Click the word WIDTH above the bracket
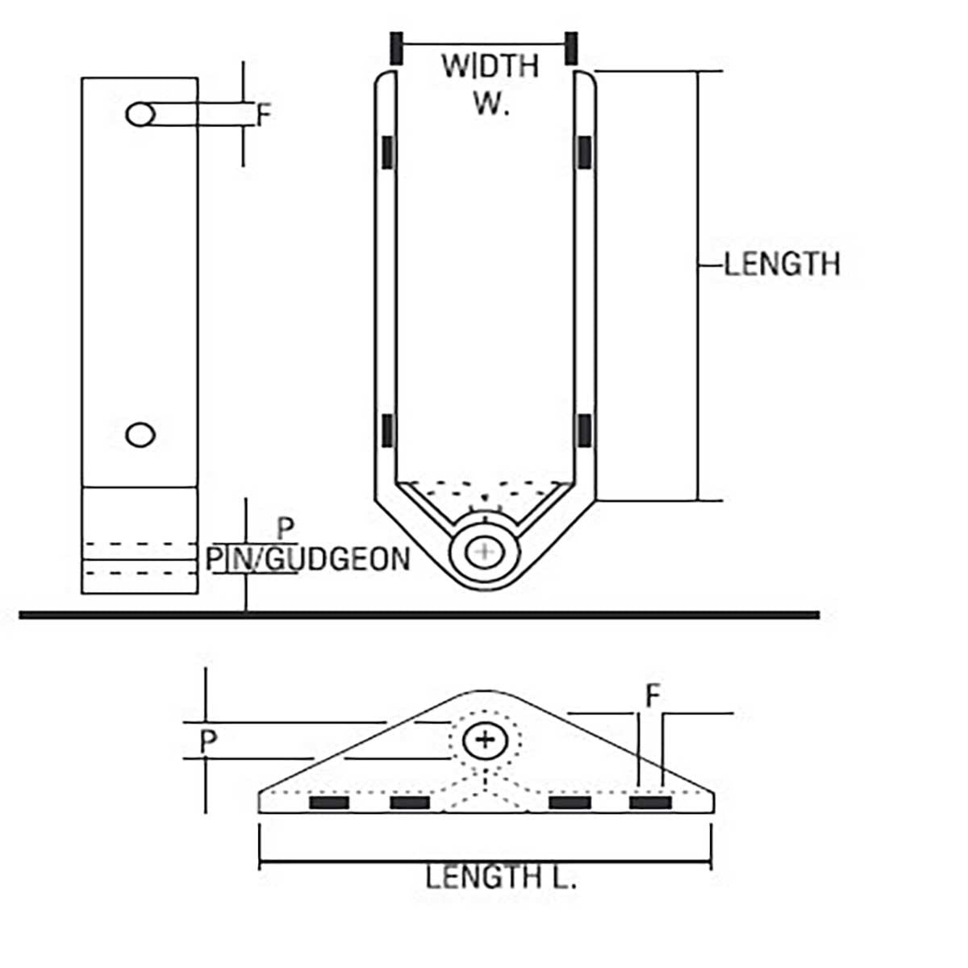pyautogui.click(x=490, y=65)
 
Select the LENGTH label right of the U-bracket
pyautogui.click(x=782, y=264)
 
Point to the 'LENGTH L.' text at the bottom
pyautogui.click(x=501, y=877)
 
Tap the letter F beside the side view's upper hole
pyautogui.click(x=264, y=115)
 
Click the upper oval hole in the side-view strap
pyautogui.click(x=141, y=115)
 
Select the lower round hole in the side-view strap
pyautogui.click(x=141, y=435)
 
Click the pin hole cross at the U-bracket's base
pyautogui.click(x=484, y=552)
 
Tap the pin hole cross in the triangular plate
pyautogui.click(x=484, y=739)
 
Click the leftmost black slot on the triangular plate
pyautogui.click(x=329, y=803)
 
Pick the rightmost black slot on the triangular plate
pyautogui.click(x=650, y=803)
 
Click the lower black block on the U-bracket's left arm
pyautogui.click(x=388, y=430)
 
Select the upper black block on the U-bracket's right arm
pyautogui.click(x=585, y=152)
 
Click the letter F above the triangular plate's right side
pyautogui.click(x=653, y=696)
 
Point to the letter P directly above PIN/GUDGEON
pyautogui.click(x=286, y=530)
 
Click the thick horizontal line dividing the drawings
pyautogui.click(x=419, y=615)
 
